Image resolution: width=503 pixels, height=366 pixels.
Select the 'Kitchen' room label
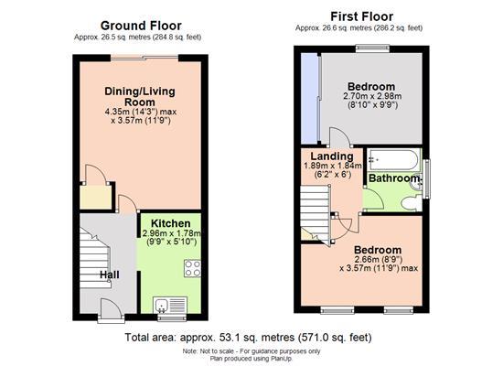click(x=171, y=223)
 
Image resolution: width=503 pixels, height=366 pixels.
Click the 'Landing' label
click(x=325, y=156)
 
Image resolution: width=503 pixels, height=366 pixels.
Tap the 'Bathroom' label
click(x=392, y=178)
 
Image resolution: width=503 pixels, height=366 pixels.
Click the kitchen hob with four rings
click(x=193, y=268)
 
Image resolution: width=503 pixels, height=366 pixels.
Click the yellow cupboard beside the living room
click(x=93, y=196)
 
